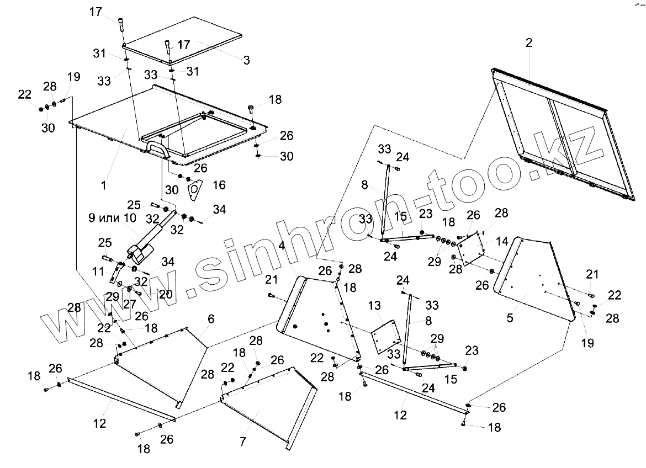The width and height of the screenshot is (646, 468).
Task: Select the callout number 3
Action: tap(246, 60)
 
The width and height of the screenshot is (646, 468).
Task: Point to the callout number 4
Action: tap(282, 246)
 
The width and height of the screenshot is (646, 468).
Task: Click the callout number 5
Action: tap(510, 318)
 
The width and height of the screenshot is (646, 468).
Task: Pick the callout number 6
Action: tap(211, 319)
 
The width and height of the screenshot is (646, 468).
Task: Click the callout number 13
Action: tap(375, 305)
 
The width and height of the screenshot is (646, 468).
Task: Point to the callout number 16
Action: tap(219, 185)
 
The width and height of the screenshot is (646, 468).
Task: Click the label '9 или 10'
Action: tap(112, 218)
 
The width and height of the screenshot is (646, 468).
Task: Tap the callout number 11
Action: tap(98, 271)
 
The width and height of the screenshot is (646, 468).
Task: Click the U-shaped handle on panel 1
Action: tap(156, 148)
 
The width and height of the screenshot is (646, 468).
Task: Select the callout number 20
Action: tap(166, 294)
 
